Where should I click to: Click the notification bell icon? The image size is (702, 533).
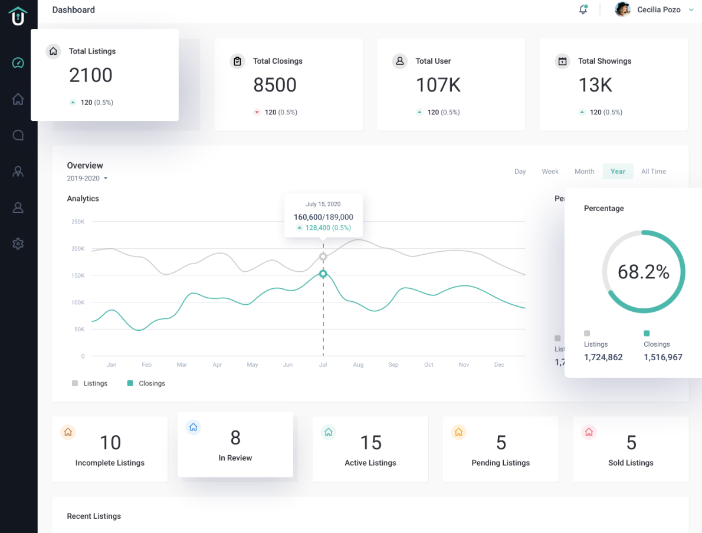583,9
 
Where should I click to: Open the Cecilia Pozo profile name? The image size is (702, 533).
658,9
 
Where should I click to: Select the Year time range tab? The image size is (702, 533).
618,172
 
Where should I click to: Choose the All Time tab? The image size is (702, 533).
653,172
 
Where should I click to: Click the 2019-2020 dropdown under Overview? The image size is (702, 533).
87,178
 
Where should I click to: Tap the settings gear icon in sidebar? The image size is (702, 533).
18,244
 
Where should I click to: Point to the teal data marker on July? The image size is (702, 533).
323,274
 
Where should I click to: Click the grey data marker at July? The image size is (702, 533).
323,256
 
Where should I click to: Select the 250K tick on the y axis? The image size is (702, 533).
78,222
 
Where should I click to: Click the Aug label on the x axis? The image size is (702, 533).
358,365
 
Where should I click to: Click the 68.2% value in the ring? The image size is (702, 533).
643,272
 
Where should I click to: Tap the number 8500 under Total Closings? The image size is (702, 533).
275,85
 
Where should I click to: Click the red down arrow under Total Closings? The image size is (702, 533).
257,112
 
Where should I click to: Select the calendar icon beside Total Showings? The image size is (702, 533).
563,61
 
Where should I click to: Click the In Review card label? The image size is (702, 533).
235,458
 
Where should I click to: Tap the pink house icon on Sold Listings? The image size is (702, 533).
588,432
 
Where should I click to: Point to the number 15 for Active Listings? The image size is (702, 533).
370,443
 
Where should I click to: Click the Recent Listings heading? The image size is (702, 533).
94,516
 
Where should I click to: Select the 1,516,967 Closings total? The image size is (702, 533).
662,357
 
